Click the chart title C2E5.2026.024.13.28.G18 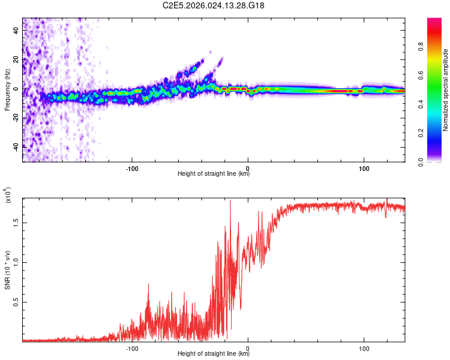click(214, 5)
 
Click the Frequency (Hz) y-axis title click(7, 89)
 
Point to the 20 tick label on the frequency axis click(16, 59)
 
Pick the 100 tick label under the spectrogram click(364, 168)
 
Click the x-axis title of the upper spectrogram click(214, 174)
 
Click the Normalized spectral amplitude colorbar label click(446, 89)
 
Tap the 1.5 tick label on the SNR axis click(16, 222)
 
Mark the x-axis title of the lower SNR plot click(214, 354)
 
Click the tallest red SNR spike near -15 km click(230, 202)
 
